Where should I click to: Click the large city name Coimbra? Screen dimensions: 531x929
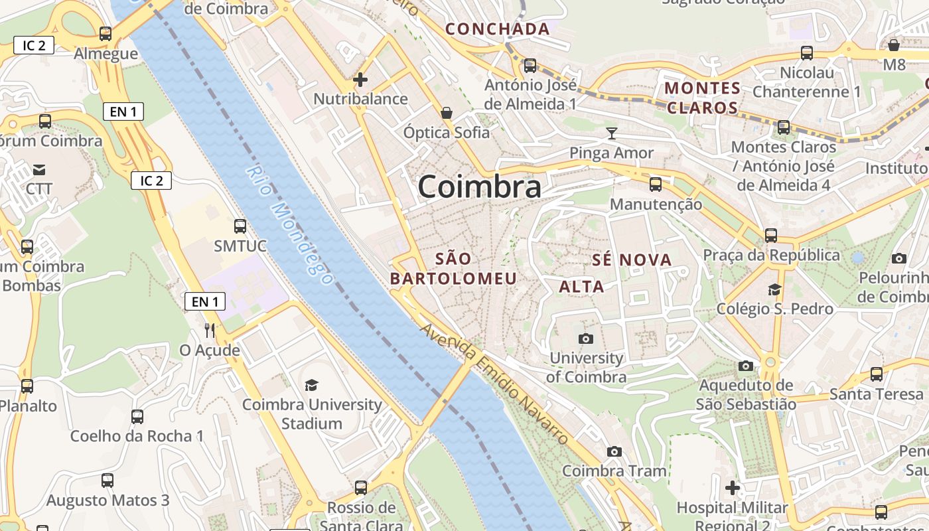(x=479, y=187)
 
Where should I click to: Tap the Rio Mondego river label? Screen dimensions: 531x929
(x=289, y=226)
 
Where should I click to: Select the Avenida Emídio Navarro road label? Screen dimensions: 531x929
(x=494, y=384)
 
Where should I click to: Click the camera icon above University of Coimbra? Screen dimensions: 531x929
(x=586, y=339)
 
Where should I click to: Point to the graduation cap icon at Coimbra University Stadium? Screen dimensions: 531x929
(x=311, y=385)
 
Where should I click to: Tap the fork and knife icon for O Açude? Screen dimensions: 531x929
(x=210, y=330)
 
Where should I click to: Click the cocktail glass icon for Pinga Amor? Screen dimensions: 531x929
(x=611, y=133)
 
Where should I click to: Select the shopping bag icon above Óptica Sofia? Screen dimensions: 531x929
(x=447, y=113)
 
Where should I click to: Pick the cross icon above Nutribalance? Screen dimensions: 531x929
(x=360, y=80)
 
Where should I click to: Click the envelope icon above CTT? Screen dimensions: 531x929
(x=39, y=169)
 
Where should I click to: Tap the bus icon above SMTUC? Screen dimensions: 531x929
(x=240, y=226)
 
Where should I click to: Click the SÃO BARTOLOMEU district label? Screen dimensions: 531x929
(x=453, y=268)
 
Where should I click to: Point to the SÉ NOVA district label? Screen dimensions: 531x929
(x=631, y=260)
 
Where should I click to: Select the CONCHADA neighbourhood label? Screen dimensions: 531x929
(x=497, y=29)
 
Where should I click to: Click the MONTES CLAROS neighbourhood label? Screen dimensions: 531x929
(x=702, y=98)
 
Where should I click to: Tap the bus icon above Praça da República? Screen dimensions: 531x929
(x=770, y=235)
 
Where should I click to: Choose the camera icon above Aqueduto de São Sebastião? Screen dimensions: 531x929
(x=746, y=366)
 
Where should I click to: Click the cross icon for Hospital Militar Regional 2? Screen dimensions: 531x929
(x=733, y=488)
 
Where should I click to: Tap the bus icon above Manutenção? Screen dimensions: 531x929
(x=656, y=185)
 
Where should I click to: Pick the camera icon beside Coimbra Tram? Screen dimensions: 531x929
(x=614, y=452)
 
